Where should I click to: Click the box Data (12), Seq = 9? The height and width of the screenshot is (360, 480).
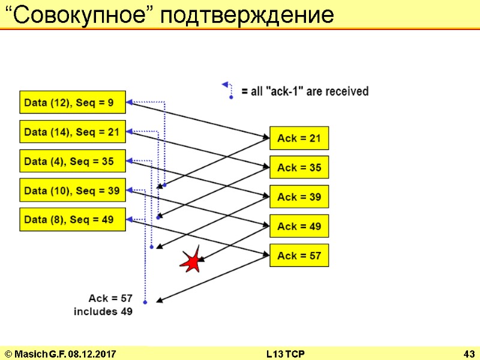coord(73,102)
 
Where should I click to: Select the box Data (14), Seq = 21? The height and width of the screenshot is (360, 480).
coord(73,131)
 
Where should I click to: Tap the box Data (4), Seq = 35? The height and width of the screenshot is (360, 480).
coord(73,161)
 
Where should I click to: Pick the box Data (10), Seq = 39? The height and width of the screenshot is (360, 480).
coord(73,190)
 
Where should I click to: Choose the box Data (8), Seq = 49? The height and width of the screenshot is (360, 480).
coord(73,220)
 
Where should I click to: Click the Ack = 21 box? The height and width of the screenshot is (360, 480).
coord(299,139)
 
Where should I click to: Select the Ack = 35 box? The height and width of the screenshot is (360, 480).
coord(299,167)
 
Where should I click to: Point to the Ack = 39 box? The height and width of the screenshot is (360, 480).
coord(299,197)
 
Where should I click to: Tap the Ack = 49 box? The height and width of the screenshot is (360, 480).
coord(299,226)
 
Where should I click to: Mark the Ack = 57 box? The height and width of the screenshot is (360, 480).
coord(299,256)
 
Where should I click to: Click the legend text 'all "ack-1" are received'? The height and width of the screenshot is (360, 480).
coord(305,91)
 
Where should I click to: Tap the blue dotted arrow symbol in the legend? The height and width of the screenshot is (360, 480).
coord(227,89)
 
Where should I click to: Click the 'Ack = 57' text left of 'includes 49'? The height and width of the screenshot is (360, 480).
coord(110,298)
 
